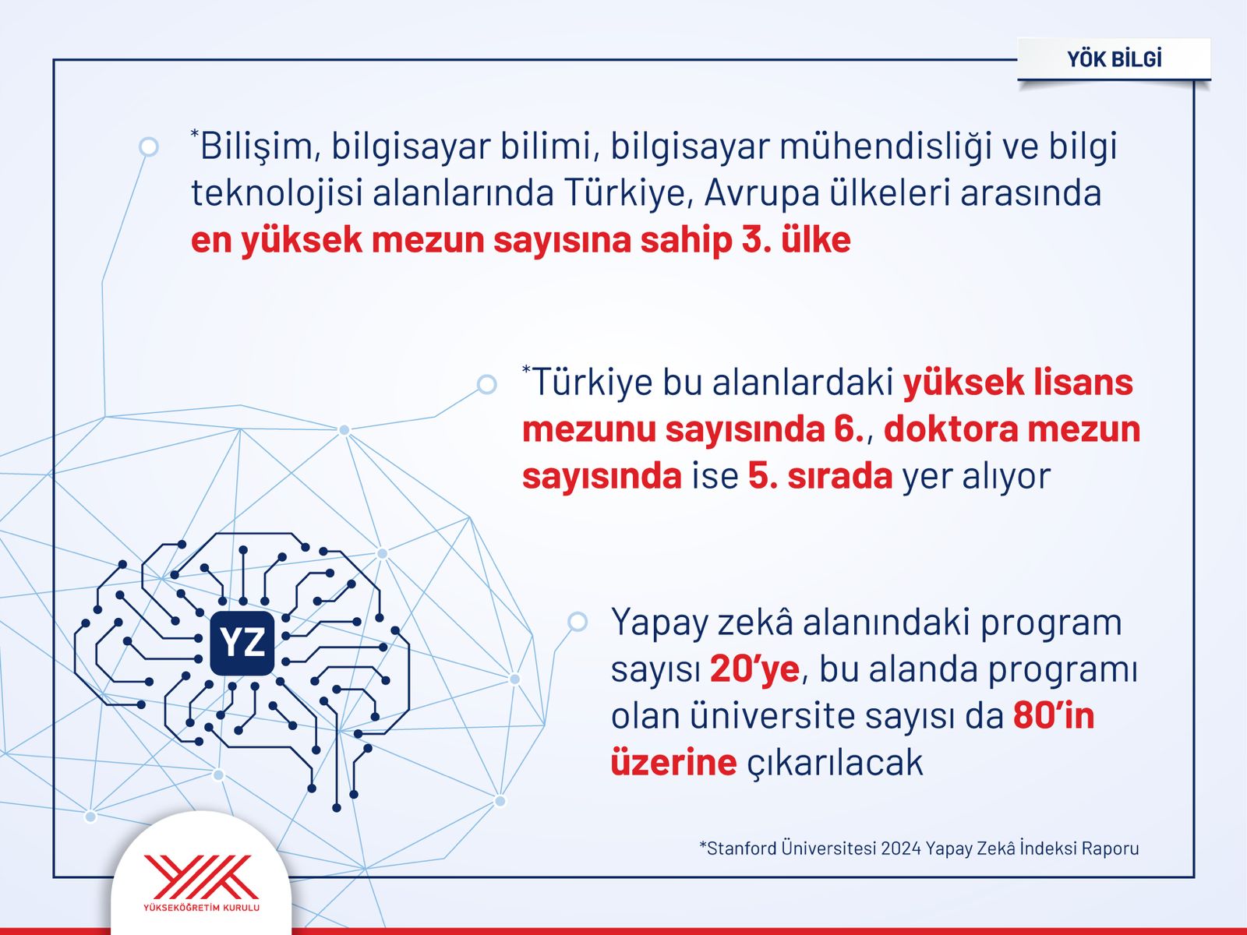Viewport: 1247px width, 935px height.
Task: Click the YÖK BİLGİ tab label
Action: [1114, 59]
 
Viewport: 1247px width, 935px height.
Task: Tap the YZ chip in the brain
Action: [242, 643]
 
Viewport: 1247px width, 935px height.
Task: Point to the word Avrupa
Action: [761, 194]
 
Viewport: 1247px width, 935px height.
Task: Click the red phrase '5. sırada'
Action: [820, 476]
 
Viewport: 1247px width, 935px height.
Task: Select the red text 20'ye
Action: [754, 670]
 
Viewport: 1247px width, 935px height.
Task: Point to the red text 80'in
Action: [1054, 716]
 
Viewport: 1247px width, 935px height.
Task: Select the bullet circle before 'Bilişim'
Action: [148, 147]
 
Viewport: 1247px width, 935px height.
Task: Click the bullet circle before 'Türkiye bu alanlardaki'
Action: [486, 384]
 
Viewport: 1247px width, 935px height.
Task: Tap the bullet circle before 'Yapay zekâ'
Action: [578, 622]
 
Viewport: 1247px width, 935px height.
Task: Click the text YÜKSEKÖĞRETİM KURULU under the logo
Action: [201, 908]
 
